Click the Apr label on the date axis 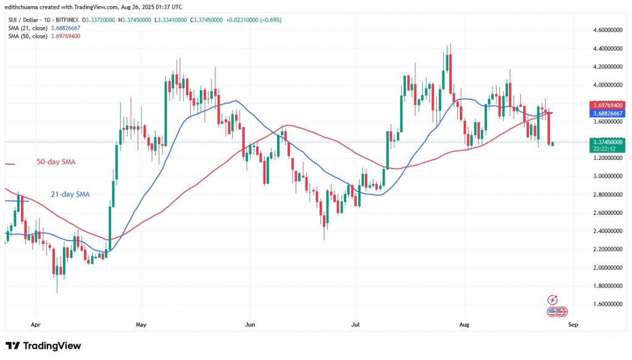(x=35, y=324)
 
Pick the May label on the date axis (x=141, y=324)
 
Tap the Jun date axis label (x=250, y=324)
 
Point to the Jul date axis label (x=355, y=324)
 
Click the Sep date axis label (x=573, y=324)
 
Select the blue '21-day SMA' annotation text (x=72, y=194)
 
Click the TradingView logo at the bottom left (x=43, y=346)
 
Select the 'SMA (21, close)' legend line (x=43, y=28)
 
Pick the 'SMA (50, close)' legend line (x=43, y=36)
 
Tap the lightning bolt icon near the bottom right (x=553, y=299)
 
